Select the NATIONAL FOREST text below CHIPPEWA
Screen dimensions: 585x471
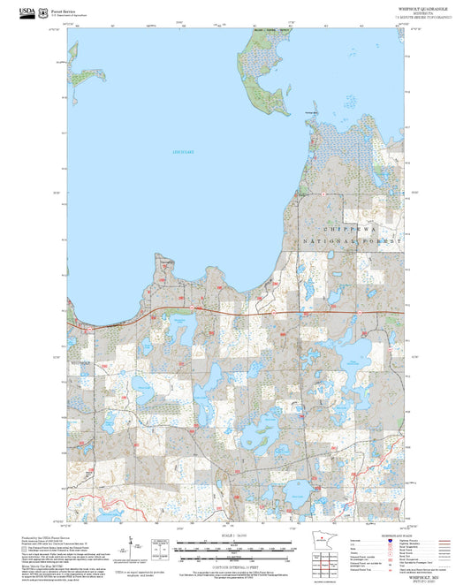[352, 241]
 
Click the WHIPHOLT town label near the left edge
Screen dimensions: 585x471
[81, 362]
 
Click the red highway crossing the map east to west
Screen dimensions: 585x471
[247, 312]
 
